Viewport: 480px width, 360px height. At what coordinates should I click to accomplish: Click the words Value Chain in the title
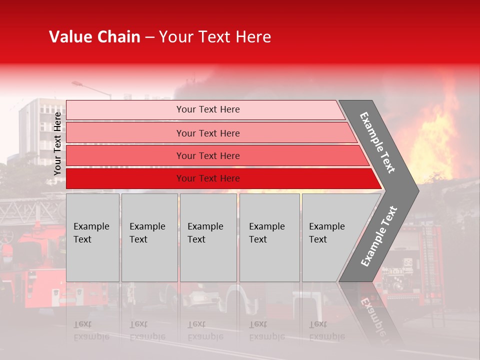click(x=94, y=37)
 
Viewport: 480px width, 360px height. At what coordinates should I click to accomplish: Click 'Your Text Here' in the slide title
click(x=215, y=37)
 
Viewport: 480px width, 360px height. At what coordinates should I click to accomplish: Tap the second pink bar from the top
click(x=207, y=133)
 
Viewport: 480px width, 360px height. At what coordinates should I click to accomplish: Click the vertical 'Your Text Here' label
click(x=58, y=143)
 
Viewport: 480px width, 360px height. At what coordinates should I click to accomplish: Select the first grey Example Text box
click(x=92, y=237)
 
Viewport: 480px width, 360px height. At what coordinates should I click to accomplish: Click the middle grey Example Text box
click(x=208, y=237)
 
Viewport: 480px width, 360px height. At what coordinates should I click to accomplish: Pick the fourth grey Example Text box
click(x=269, y=237)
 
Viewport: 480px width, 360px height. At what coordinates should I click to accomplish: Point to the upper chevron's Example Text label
click(x=377, y=142)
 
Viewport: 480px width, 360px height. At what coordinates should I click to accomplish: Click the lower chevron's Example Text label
click(x=378, y=236)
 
